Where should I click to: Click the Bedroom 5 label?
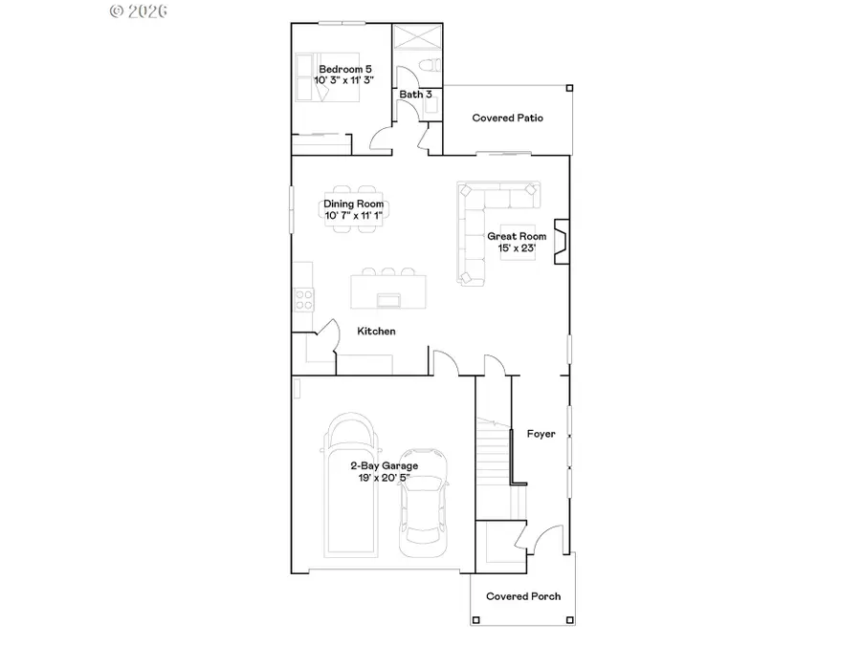pos(345,69)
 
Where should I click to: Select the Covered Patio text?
pos(508,118)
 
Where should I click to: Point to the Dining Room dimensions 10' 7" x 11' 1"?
pos(354,216)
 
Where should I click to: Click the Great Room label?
pos(517,236)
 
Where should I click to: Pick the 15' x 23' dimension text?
pos(517,248)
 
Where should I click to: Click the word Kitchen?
pos(376,332)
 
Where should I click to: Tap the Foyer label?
pos(541,434)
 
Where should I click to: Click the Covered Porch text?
pos(523,596)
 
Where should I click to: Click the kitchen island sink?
pos(389,301)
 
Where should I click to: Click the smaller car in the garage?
pos(422,502)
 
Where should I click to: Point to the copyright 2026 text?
pos(139,11)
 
